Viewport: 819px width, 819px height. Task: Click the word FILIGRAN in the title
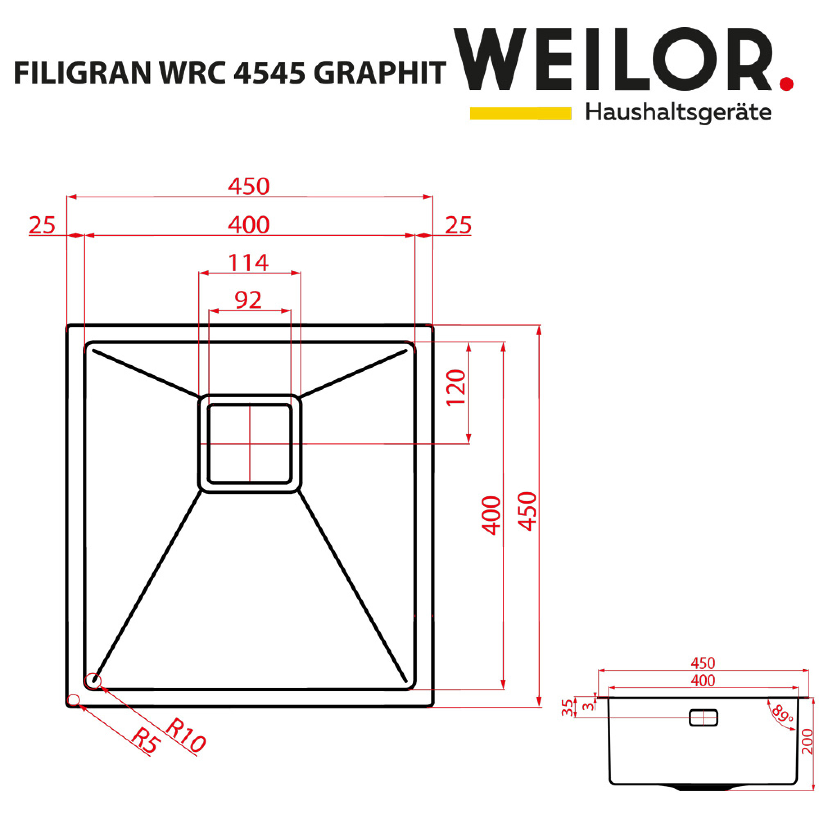[x=83, y=73]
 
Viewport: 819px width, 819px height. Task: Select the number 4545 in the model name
[x=269, y=73]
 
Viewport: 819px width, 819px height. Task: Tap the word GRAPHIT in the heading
[x=380, y=73]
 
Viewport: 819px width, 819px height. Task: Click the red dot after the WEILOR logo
[x=786, y=84]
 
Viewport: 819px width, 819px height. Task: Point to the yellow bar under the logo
[x=520, y=113]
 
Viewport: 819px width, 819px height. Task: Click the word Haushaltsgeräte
[x=678, y=113]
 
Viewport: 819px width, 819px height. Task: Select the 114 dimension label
[x=249, y=263]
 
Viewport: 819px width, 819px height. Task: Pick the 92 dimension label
[x=249, y=300]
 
